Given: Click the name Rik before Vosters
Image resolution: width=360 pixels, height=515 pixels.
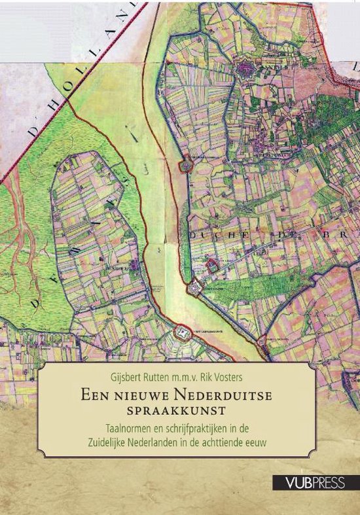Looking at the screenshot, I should click(225, 374).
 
